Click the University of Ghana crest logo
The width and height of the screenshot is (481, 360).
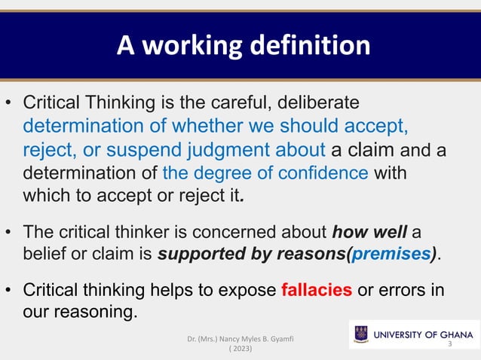point(361,333)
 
